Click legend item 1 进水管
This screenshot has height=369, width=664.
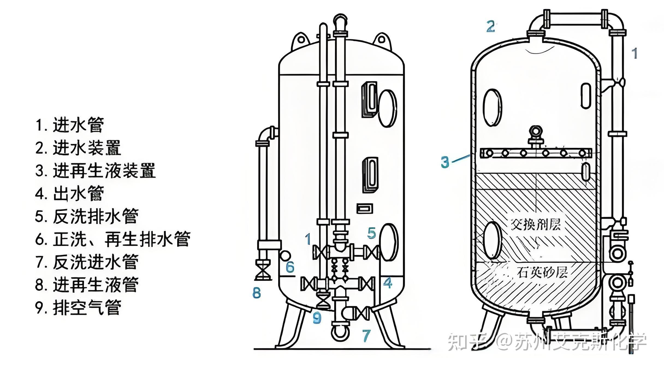70,125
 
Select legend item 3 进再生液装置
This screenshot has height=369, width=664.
96,171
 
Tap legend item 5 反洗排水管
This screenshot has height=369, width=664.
87,216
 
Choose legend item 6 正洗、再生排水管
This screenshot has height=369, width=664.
113,239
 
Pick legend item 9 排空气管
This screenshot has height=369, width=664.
78,308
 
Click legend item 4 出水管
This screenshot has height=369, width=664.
70,194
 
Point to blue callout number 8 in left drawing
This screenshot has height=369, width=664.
256,293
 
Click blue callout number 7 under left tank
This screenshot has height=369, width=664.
366,335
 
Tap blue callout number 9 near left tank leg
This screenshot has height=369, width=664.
317,317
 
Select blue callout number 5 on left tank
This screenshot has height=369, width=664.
372,233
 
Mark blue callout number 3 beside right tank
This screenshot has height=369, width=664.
445,162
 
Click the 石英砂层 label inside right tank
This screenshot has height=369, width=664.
542,272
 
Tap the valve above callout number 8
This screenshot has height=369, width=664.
263,270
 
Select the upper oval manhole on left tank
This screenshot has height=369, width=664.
387,108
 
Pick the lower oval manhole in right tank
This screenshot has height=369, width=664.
493,240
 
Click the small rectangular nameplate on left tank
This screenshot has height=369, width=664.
364,209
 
